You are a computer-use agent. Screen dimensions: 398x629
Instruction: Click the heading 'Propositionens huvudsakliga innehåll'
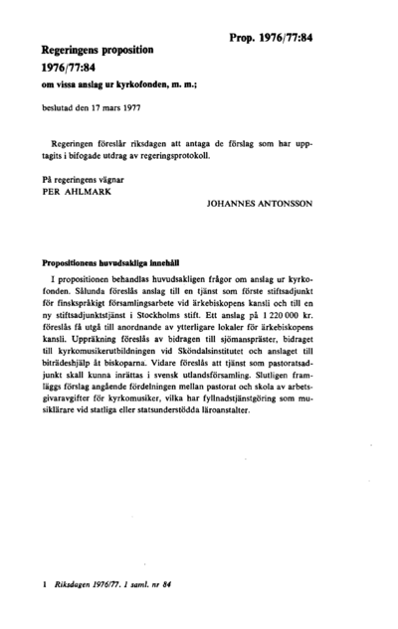tap(108, 265)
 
